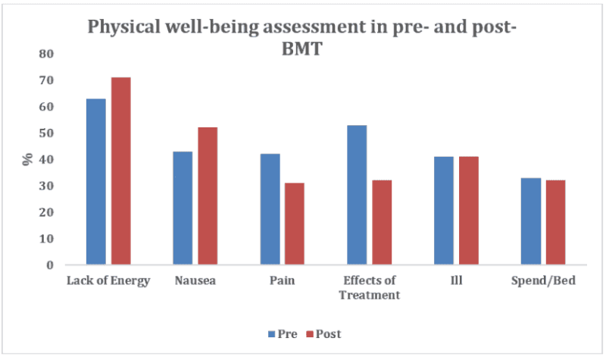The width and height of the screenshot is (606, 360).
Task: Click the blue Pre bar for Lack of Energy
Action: click(95, 182)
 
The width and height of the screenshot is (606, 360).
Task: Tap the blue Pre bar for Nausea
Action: click(183, 208)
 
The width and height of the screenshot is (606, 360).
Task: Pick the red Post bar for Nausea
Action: click(208, 196)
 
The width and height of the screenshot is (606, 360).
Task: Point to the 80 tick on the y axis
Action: click(47, 54)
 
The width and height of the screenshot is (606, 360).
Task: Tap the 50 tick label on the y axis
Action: click(47, 133)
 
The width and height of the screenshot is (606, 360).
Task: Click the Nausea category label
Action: click(195, 281)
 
